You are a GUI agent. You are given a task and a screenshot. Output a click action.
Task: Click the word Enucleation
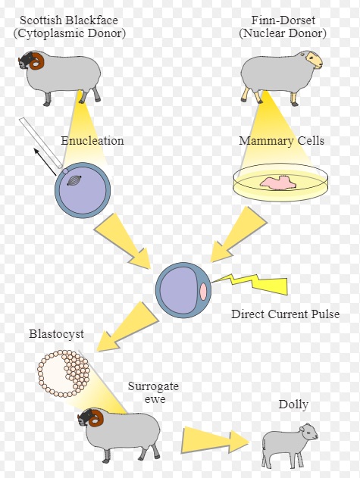coord(92,141)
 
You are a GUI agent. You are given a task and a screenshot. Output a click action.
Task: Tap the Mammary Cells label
coord(281,141)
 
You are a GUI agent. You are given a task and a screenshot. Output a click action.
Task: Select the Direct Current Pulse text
coord(285,314)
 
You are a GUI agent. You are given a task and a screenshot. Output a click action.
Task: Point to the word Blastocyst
coord(56,334)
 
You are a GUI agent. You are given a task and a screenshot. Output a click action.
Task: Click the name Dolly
coord(293,405)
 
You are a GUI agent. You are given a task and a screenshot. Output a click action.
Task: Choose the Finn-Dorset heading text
coord(283,20)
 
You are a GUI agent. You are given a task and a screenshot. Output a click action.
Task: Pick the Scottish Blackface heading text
coord(69,20)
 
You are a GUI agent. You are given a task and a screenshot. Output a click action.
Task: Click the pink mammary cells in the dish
coord(277,183)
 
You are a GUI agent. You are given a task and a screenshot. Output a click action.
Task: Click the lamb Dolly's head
coord(308,433)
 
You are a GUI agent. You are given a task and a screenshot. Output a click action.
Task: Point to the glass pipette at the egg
coord(41,143)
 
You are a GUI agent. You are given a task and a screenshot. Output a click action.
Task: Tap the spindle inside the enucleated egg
coord(74,181)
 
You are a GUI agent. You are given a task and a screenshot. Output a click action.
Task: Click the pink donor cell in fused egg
coord(204,292)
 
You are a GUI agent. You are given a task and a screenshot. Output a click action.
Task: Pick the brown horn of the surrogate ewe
coord(97,417)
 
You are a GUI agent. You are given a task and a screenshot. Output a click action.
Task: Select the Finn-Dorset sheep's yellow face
coord(315,59)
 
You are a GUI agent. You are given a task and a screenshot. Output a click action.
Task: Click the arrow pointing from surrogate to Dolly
coord(215,441)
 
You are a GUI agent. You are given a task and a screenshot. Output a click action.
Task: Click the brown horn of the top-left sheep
coord(38,61)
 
